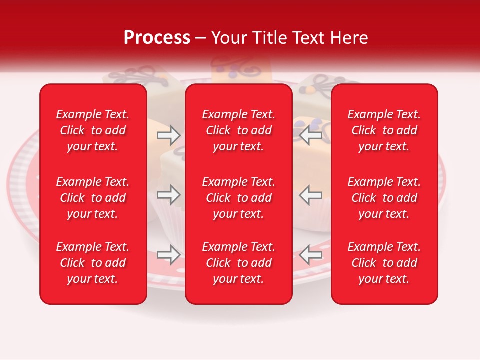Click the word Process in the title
point(157,38)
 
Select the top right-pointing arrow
point(168,135)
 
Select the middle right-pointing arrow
point(168,195)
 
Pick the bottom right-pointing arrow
point(168,255)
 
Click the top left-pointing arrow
point(310,135)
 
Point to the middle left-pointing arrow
point(310,195)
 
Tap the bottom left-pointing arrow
point(310,255)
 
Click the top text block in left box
point(93,130)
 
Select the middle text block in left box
point(93,198)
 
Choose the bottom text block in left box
point(93,263)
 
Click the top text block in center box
point(239,130)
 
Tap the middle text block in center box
point(239,198)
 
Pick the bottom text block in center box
point(239,263)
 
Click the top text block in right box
point(384,130)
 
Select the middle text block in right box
point(384,198)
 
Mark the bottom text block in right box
point(384,263)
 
